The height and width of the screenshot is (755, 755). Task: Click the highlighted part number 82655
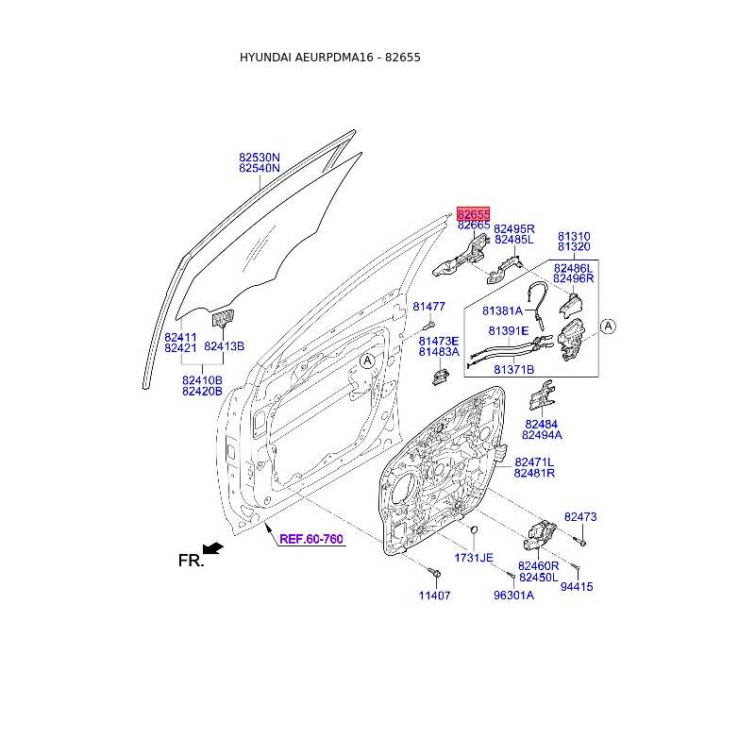coord(474,214)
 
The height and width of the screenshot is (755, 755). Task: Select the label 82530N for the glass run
coord(259,158)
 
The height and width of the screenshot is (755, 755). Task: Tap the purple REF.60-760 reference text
coord(311,539)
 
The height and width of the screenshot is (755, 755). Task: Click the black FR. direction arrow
coord(213,548)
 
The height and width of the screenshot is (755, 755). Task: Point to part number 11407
coord(434,596)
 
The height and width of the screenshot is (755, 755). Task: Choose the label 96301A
coord(513,596)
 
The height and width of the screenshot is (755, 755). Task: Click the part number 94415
coord(577,586)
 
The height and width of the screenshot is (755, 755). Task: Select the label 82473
coord(580,516)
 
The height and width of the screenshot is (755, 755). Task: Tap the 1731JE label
coord(474,558)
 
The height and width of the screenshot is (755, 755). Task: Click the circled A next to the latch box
coord(608,327)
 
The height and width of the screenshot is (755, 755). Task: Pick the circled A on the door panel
coord(367,361)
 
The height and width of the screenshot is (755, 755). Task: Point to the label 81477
coord(429,306)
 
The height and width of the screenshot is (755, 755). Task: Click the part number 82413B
coord(224,346)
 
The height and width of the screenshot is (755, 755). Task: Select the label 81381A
coord(502,311)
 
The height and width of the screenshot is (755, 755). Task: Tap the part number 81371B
coord(513,369)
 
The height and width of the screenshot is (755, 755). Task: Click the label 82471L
coord(534,462)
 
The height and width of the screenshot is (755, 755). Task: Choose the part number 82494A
coord(542,435)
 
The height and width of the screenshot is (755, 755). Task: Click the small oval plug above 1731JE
coord(474,529)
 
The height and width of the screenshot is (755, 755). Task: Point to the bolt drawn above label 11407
coord(435,573)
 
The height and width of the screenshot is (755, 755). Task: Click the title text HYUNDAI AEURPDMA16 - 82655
coord(329,58)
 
